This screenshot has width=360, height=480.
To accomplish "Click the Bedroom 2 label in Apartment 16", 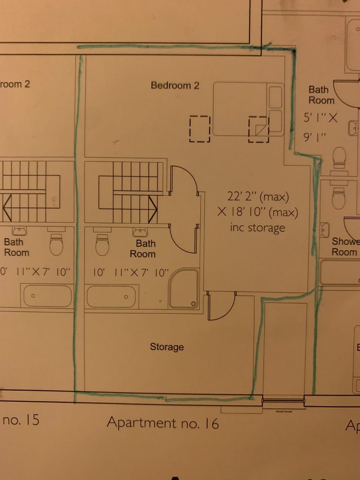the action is pyautogui.click(x=175, y=85).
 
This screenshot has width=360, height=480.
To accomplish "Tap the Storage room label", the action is pyautogui.click(x=166, y=347).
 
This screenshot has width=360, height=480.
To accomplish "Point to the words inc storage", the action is pyautogui.click(x=257, y=228).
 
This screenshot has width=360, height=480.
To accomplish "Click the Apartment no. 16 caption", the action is pyautogui.click(x=162, y=422).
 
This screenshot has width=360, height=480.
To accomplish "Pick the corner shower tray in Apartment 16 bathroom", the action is pyautogui.click(x=183, y=288).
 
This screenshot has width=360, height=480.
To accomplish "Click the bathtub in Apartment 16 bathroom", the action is pyautogui.click(x=112, y=296).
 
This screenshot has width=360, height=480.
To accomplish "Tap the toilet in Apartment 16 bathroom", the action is pyautogui.click(x=102, y=245).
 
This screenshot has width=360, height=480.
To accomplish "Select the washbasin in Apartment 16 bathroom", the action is pyautogui.click(x=138, y=232).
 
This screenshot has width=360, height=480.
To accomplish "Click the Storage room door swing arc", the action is pyautogui.click(x=220, y=306).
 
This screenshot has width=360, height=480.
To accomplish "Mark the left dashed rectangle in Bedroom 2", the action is pyautogui.click(x=199, y=128).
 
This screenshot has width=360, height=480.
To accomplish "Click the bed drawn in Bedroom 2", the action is pyautogui.click(x=248, y=109).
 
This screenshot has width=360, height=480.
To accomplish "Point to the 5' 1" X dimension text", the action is pyautogui.click(x=322, y=118).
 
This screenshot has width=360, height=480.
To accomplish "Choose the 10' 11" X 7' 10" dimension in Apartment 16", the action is pyautogui.click(x=130, y=273).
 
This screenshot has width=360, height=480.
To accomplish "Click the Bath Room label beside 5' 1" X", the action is pyautogui.click(x=321, y=95).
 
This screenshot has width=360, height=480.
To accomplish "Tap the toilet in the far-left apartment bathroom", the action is pyautogui.click(x=56, y=244).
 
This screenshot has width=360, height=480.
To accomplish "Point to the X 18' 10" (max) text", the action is pyautogui.click(x=257, y=212).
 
